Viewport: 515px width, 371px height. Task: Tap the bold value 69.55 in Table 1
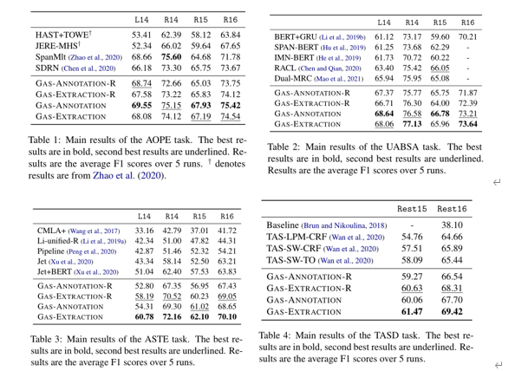pos(141,104)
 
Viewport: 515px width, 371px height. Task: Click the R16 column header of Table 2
pos(467,21)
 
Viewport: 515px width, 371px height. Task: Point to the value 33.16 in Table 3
pos(144,231)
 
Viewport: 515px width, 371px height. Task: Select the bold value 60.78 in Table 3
pos(144,318)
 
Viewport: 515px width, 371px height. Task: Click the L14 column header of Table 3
pos(144,215)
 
